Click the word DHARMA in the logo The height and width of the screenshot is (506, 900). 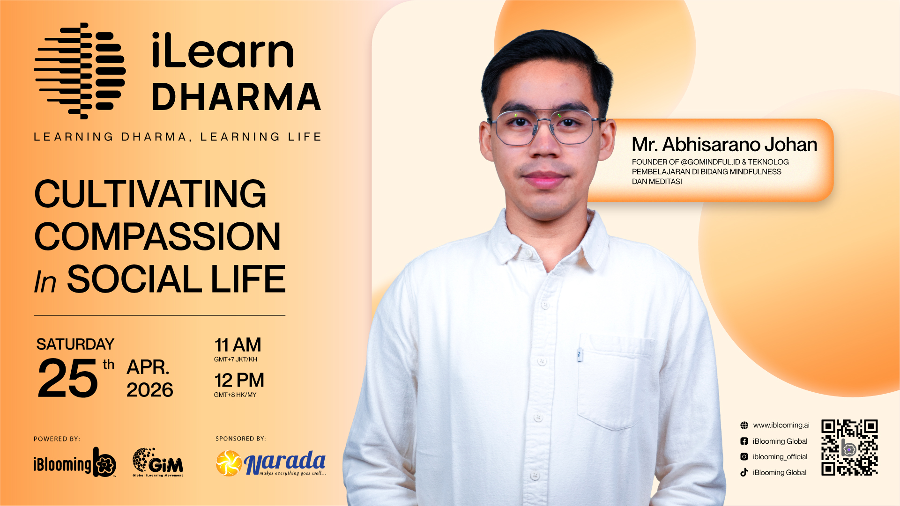(x=237, y=97)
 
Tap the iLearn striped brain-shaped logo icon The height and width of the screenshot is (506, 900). (x=80, y=71)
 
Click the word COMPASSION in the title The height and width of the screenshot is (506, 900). (x=157, y=236)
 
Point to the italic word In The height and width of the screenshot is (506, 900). (x=45, y=282)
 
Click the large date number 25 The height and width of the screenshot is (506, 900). (x=68, y=378)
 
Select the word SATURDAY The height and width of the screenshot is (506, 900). (x=75, y=345)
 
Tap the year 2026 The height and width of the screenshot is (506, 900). (x=150, y=390)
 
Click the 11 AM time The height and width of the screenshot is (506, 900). (x=238, y=345)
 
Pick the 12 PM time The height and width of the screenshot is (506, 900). (x=239, y=380)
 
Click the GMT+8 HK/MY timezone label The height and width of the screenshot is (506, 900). (x=235, y=395)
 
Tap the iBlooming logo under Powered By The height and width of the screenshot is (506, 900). (x=75, y=462)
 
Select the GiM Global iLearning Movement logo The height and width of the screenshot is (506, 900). (x=158, y=462)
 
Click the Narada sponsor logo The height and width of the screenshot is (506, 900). (x=271, y=463)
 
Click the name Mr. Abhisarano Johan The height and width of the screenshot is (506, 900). (x=724, y=145)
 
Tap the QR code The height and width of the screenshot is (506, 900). (x=849, y=447)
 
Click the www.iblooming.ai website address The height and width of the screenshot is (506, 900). (x=781, y=425)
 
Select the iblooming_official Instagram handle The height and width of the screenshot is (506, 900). (x=780, y=457)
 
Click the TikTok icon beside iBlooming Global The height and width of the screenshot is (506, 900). (x=744, y=472)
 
